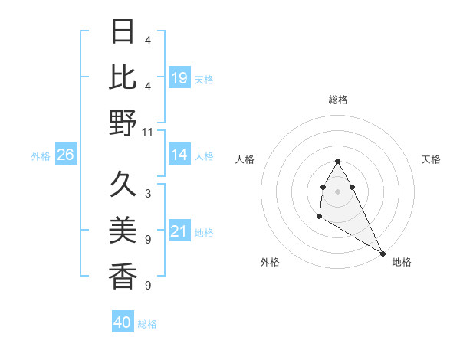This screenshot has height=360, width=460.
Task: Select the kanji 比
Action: click(x=123, y=76)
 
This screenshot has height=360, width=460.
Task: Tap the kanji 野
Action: click(x=123, y=122)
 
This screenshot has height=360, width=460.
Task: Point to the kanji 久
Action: click(x=123, y=184)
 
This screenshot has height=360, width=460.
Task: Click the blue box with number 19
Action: click(x=179, y=77)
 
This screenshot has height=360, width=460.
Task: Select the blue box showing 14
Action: click(x=179, y=155)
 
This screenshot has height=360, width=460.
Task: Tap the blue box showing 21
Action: click(x=179, y=231)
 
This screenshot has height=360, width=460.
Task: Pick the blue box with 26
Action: click(x=65, y=155)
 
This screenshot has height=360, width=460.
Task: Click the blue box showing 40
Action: click(x=123, y=322)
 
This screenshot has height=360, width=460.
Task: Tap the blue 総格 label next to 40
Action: click(x=147, y=324)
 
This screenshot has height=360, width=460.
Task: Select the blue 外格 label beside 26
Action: click(x=41, y=156)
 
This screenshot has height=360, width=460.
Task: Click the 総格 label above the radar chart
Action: click(x=338, y=100)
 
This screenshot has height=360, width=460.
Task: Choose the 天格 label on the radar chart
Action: click(x=431, y=159)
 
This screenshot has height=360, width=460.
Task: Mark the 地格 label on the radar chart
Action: click(x=402, y=262)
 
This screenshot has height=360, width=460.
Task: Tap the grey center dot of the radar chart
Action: click(x=338, y=191)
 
